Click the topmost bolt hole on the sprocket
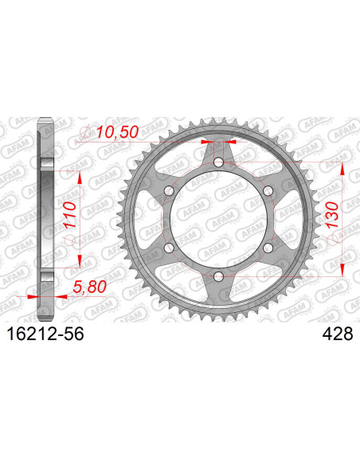click(x=219, y=162)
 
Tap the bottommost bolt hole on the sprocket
click(x=219, y=276)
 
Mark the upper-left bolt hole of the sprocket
click(x=170, y=191)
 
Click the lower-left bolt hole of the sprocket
click(x=170, y=248)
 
